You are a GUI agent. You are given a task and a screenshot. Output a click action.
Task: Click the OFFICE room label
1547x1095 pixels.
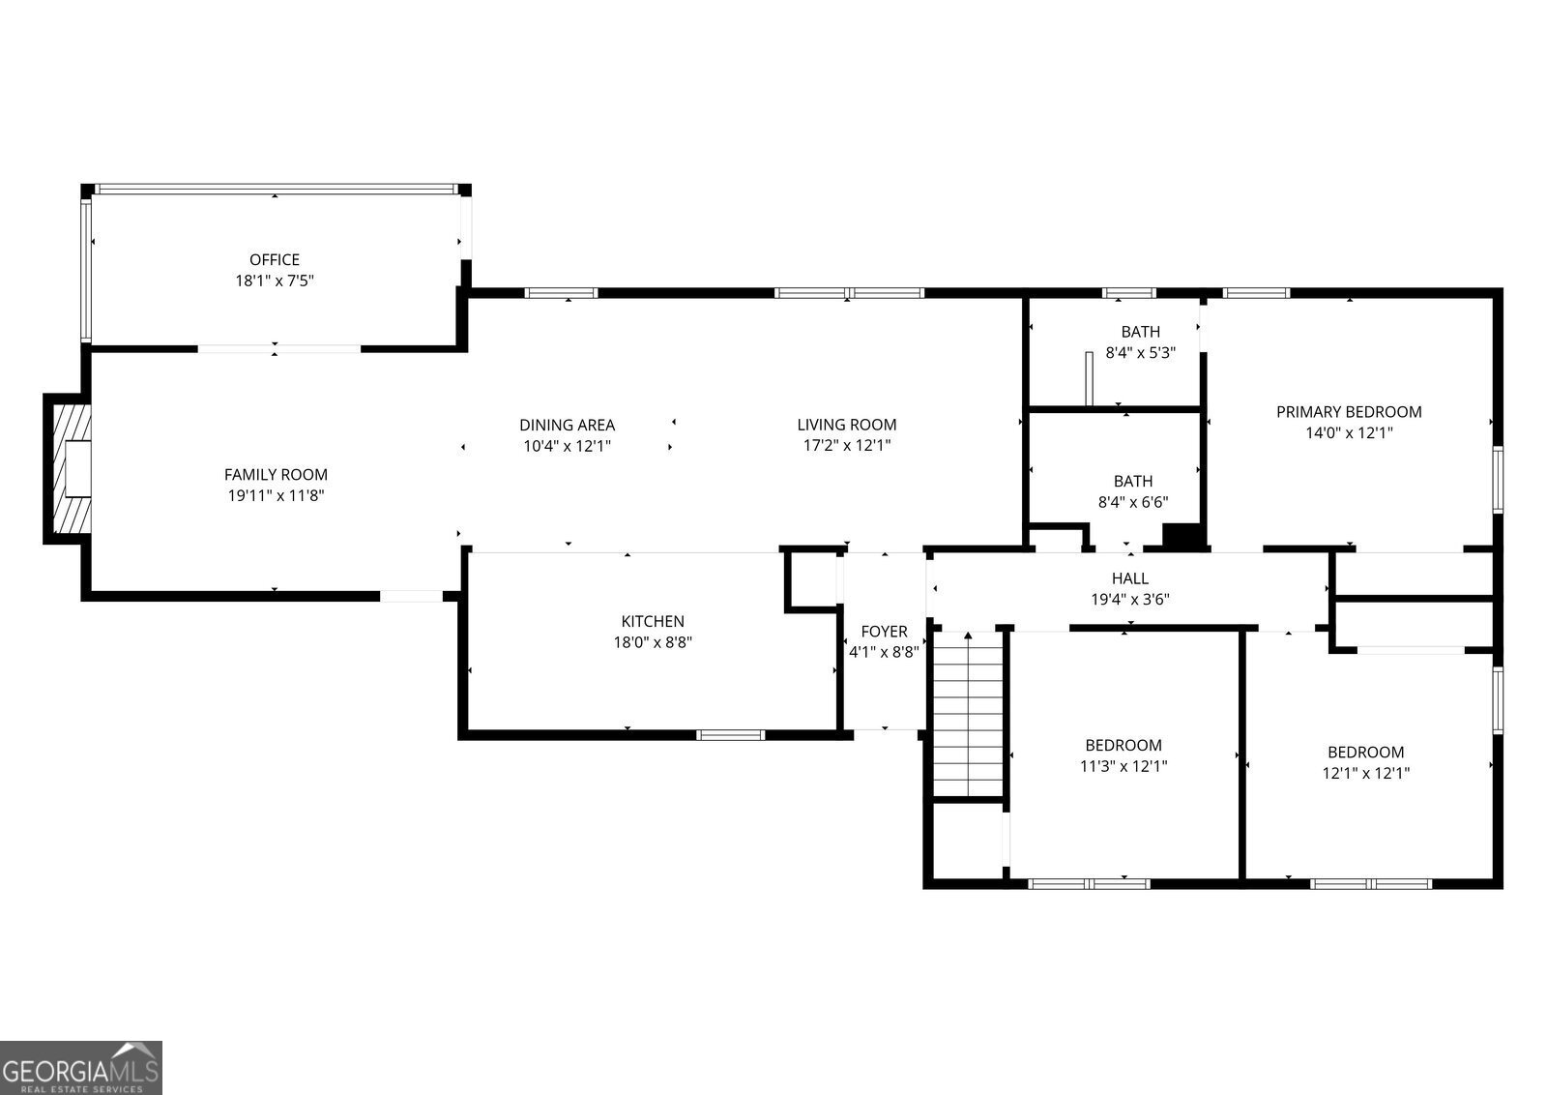[x=275, y=259]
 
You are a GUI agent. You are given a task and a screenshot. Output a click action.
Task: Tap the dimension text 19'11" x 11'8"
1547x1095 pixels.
[x=276, y=495]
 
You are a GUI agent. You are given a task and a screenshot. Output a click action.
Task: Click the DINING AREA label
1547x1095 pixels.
[x=567, y=425]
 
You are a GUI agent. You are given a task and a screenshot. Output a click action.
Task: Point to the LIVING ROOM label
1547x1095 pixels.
[x=846, y=425]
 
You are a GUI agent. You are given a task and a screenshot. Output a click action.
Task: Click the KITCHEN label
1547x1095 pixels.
[x=653, y=621]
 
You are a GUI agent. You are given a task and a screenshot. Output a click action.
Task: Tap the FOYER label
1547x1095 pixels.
[x=884, y=632]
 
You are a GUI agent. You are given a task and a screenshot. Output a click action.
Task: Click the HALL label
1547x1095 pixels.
[x=1129, y=578]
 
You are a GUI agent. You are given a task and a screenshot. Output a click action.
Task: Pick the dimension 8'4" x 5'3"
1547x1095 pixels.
[x=1140, y=353]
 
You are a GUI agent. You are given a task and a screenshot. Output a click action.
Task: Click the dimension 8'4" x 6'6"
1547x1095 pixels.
[x=1132, y=502]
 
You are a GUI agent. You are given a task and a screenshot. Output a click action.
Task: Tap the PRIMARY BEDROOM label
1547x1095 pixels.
[x=1349, y=412]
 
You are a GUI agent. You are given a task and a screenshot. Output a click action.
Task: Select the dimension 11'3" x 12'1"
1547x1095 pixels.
[x=1124, y=766]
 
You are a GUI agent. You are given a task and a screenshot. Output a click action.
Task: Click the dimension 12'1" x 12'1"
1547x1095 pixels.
[x=1365, y=773]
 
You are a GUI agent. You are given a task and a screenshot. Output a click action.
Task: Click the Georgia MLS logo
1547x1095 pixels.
[x=81, y=1068]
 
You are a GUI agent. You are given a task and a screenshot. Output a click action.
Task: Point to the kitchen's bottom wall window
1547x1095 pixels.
[x=731, y=735]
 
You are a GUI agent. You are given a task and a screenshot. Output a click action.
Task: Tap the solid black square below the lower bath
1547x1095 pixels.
[x=1182, y=537]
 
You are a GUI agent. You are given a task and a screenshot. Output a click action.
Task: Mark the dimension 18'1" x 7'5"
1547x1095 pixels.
[x=275, y=281]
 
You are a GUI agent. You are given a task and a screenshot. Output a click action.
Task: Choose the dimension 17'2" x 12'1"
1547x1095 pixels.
[x=846, y=446]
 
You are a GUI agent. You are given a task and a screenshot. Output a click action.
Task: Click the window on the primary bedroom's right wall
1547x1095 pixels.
[x=1498, y=479]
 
